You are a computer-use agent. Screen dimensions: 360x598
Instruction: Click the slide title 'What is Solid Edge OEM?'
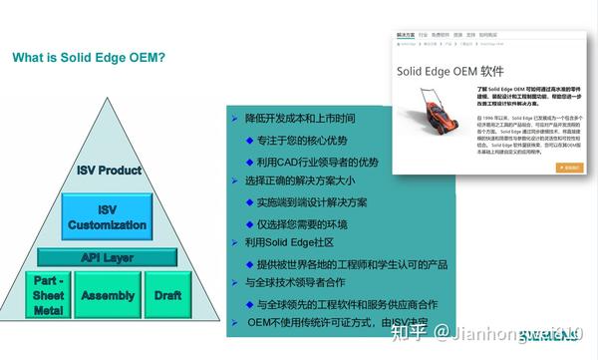coord(89,57)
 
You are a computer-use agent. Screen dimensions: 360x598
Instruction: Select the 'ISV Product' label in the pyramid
coord(109,171)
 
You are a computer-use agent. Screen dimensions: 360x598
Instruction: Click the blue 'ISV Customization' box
coord(107,217)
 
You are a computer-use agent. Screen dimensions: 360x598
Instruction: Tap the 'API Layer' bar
coord(107,257)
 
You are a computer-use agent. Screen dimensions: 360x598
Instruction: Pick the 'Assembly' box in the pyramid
coord(108,296)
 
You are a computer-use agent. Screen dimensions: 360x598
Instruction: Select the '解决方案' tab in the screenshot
coord(406,33)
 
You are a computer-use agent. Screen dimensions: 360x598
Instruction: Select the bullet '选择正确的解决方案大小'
coord(299,180)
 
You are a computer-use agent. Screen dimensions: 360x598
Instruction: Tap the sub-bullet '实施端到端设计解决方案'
coord(312,202)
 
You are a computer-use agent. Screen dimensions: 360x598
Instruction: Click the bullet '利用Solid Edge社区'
coord(290,242)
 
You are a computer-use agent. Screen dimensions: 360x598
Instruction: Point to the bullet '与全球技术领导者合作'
coord(295,283)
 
